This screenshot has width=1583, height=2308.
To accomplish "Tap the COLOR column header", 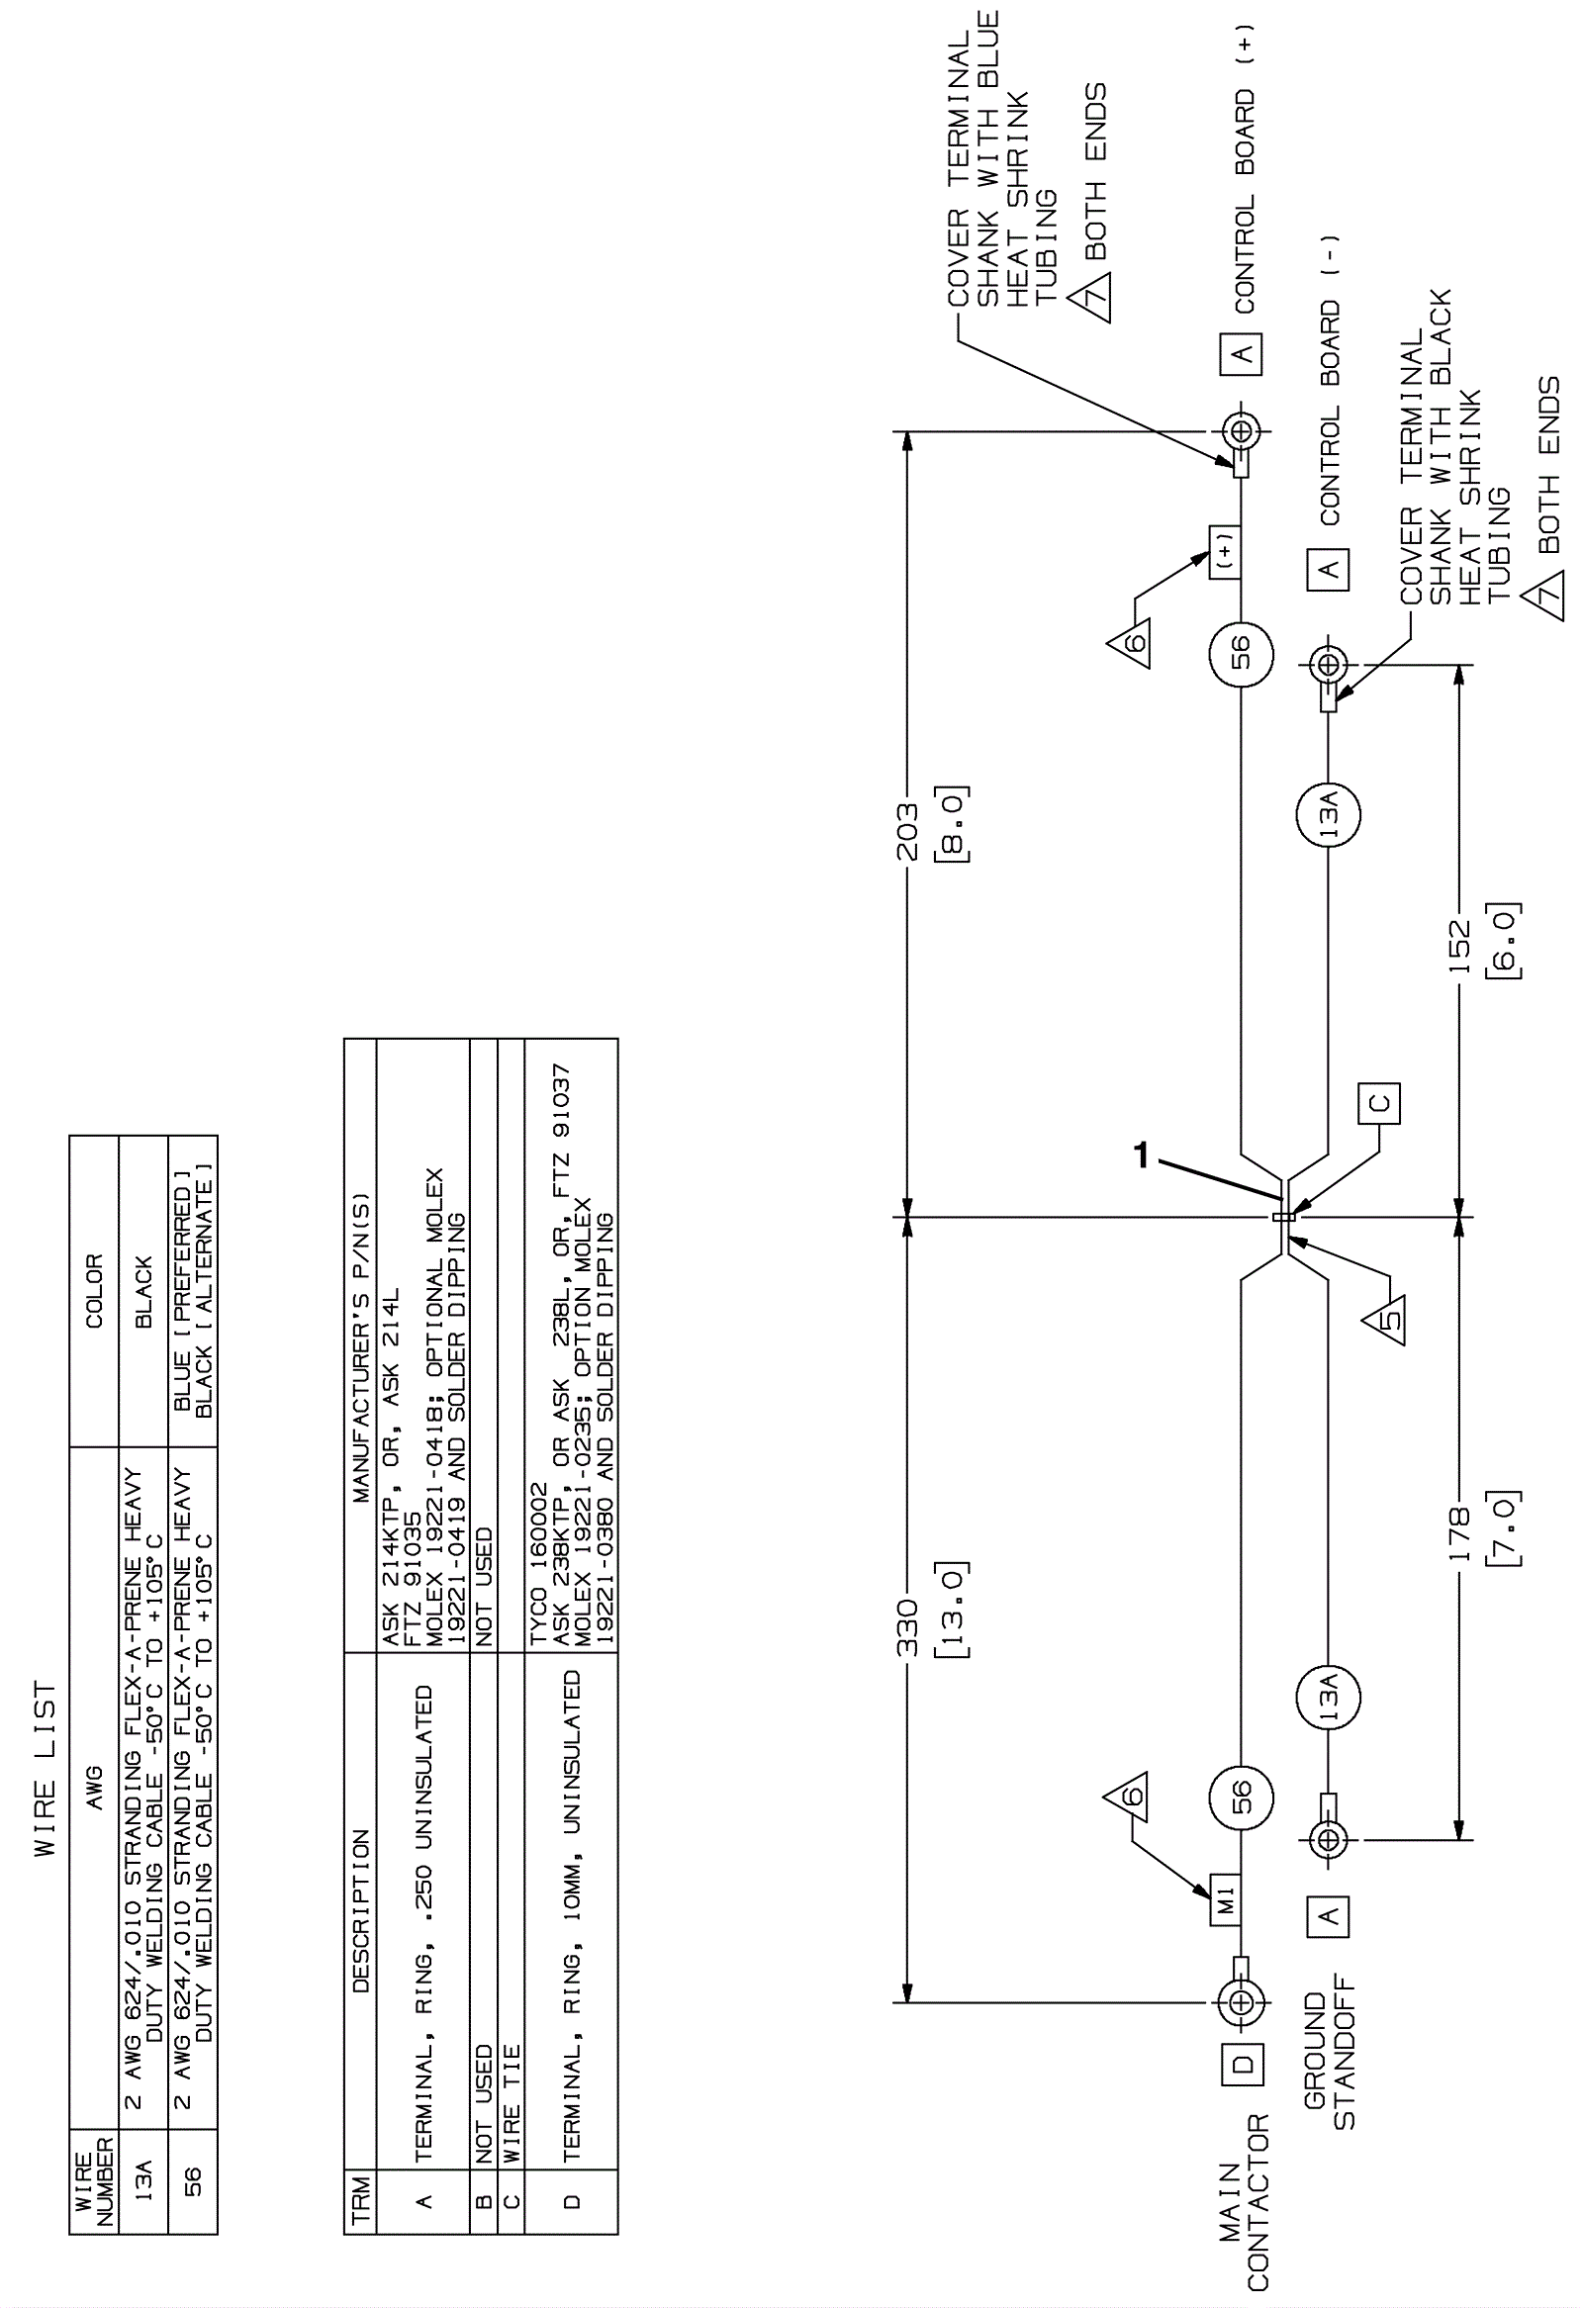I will (x=93, y=1290).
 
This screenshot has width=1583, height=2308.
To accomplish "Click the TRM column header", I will (x=360, y=2198).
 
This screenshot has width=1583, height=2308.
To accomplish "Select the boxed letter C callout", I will (x=1379, y=1103).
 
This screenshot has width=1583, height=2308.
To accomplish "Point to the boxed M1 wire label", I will (x=1226, y=1899).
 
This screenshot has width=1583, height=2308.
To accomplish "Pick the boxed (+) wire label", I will (x=1225, y=552).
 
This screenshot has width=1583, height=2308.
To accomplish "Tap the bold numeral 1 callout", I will (x=1142, y=1155).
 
